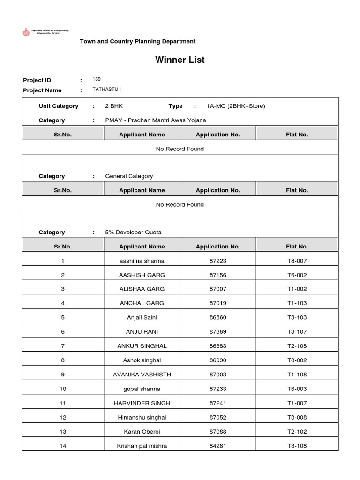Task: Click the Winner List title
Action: (x=180, y=60)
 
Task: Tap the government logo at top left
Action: (x=26, y=32)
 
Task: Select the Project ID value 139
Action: (x=97, y=79)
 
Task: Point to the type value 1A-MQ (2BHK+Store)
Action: (x=235, y=106)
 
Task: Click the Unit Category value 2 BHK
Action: (x=114, y=106)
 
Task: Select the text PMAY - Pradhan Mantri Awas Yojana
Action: (x=155, y=120)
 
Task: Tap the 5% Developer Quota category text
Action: (x=134, y=232)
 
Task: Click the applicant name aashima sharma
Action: (x=142, y=261)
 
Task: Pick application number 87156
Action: (x=218, y=275)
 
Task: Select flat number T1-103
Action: (x=297, y=303)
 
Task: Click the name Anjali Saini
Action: (x=142, y=317)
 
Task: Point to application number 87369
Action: (x=218, y=332)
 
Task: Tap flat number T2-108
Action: (x=297, y=346)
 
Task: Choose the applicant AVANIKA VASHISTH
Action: (x=142, y=375)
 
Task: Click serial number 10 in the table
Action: (x=63, y=389)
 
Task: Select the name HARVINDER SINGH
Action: (x=142, y=403)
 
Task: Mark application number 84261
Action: (x=218, y=446)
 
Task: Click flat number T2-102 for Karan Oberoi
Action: (x=297, y=432)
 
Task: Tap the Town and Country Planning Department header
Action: (x=138, y=41)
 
